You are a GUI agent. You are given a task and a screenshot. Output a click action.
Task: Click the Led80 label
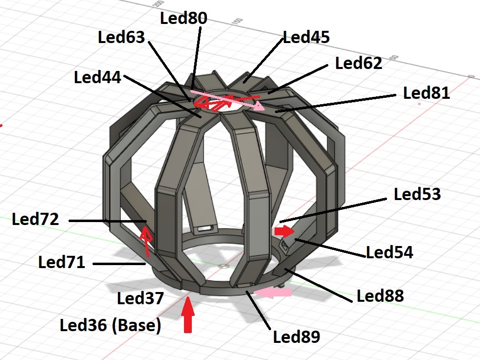[x=183, y=18]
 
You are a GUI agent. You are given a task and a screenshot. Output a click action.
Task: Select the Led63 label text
[x=122, y=38]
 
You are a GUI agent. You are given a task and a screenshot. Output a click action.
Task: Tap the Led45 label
[x=306, y=37]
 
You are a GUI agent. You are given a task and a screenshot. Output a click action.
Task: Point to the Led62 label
[x=358, y=63]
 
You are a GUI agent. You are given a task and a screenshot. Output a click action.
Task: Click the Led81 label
[x=426, y=93]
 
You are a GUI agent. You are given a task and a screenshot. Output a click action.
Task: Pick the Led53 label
[x=417, y=194]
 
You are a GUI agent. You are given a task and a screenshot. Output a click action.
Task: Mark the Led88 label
[x=380, y=295]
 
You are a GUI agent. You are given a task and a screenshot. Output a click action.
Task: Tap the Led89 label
[x=296, y=337]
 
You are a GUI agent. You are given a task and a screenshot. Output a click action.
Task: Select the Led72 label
[x=36, y=219]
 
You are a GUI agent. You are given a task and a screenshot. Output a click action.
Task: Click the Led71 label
[x=62, y=263]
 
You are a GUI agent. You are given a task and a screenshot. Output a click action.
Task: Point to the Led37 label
[x=140, y=298]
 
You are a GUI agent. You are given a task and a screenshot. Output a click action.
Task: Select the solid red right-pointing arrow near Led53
[x=284, y=230]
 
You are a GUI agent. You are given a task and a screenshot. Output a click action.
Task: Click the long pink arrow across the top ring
[x=228, y=100]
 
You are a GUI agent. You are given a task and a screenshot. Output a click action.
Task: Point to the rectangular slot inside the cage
[x=206, y=228]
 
